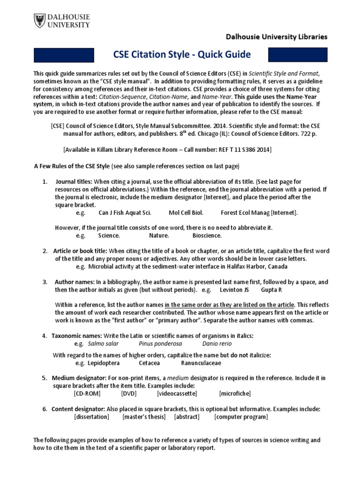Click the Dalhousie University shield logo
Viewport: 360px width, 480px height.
click(41, 21)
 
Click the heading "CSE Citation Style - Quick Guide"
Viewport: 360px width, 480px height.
click(182, 54)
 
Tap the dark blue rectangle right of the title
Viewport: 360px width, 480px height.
click(297, 55)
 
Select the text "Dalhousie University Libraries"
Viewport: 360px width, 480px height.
click(277, 37)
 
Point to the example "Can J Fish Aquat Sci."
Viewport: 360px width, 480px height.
click(125, 212)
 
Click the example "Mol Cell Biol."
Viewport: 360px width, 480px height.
click(186, 212)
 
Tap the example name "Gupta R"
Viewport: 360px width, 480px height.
click(272, 290)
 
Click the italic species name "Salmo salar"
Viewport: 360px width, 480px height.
click(102, 343)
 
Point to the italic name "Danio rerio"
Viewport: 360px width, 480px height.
click(217, 343)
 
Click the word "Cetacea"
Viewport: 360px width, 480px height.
click(149, 363)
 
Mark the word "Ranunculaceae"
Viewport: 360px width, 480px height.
click(201, 363)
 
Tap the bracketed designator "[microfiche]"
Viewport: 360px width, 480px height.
click(234, 393)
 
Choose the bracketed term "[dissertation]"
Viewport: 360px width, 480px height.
click(91, 417)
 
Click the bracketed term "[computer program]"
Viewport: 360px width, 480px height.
click(241, 417)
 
